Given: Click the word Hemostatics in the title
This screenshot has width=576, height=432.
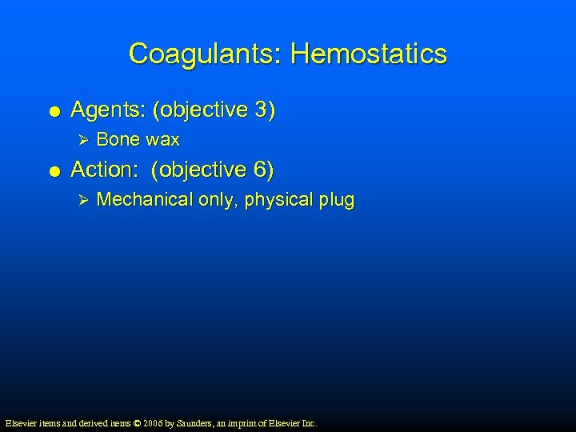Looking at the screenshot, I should point(369,54).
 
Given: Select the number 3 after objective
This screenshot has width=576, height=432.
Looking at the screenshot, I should point(262,110).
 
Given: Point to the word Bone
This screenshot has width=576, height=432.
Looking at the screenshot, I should point(118,140).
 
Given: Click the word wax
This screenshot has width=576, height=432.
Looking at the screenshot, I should point(163,140).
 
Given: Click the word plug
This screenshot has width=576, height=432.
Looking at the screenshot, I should point(336,200).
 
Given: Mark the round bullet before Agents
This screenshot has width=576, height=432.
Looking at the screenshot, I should point(53,111).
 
